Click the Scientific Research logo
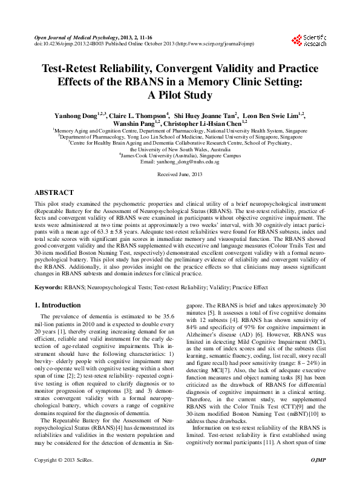pyautogui.click(x=309, y=41)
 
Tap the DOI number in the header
pyautogui.click(x=67, y=44)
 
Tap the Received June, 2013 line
pyautogui.click(x=180, y=174)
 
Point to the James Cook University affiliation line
pyautogui.click(x=180, y=156)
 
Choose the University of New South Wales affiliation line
pyautogui.click(x=180, y=149)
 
